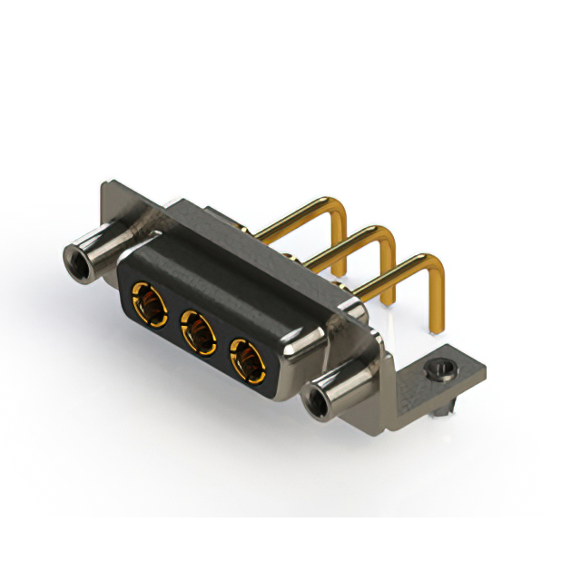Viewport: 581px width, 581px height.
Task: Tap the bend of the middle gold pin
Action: (x=386, y=239)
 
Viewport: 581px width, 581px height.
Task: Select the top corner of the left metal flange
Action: (x=105, y=184)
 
